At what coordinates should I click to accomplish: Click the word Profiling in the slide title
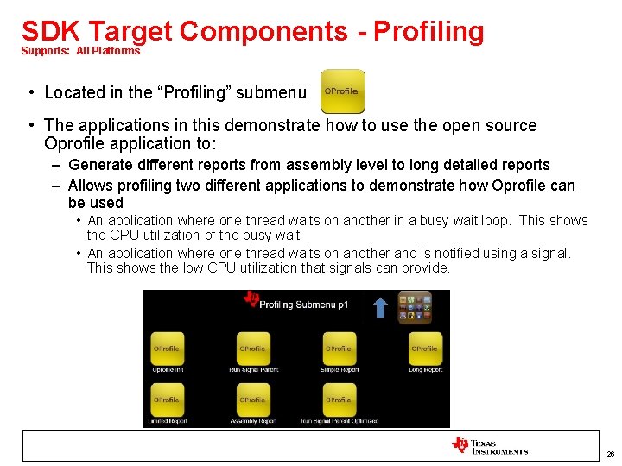[x=429, y=31]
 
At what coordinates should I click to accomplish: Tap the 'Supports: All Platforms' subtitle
[x=80, y=51]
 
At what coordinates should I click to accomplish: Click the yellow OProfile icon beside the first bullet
[x=342, y=92]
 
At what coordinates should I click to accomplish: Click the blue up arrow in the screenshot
[x=380, y=307]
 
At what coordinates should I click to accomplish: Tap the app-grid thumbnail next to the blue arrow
[x=414, y=307]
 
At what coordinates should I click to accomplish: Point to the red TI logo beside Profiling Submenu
[x=251, y=299]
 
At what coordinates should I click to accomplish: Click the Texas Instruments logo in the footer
[x=489, y=445]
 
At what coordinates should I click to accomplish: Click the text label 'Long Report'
[x=425, y=370]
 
